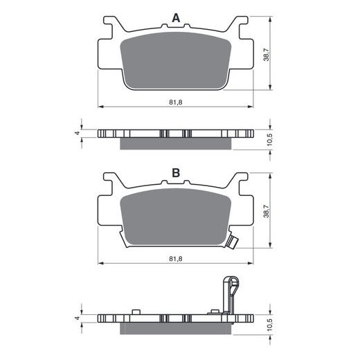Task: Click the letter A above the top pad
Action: [x=176, y=18]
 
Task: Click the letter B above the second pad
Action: [x=176, y=172]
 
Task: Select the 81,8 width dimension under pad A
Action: [x=176, y=102]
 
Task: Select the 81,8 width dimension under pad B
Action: [x=176, y=259]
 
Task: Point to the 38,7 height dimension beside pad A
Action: [x=267, y=55]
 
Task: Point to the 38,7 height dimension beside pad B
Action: [x=267, y=211]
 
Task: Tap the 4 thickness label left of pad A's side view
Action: [x=78, y=133]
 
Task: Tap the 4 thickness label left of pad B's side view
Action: [x=78, y=318]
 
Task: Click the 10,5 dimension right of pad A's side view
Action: [x=270, y=140]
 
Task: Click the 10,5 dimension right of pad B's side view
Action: [x=270, y=325]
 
